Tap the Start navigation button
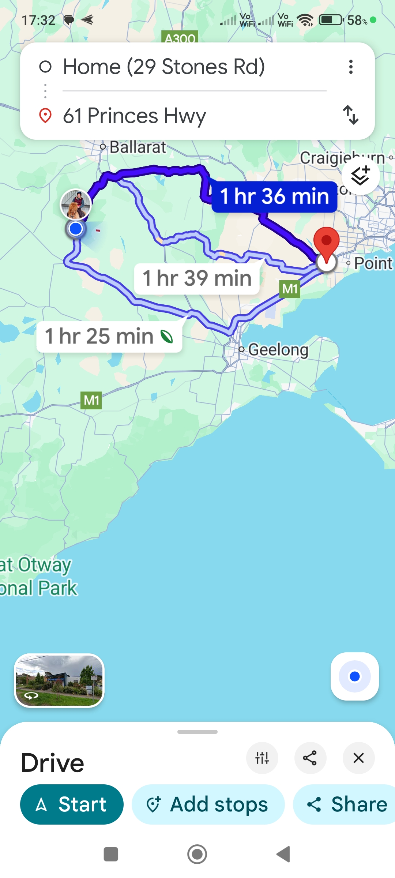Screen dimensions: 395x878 point(72,804)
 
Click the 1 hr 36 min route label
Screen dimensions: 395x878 point(274,196)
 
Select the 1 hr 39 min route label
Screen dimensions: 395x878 point(197,278)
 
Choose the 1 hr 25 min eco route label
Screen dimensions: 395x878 point(109,336)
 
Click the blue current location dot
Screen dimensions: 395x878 point(76,229)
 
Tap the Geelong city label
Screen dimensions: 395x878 point(278,350)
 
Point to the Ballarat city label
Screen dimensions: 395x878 point(138,147)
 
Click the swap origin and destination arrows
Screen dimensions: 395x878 point(351,115)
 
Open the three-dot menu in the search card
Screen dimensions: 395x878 point(351,67)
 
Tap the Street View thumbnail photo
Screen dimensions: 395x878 point(59,680)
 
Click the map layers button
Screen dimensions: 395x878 point(360,176)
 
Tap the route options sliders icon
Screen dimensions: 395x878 point(262,758)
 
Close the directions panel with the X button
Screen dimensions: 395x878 point(358,758)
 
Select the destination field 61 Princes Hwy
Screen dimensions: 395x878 point(135,116)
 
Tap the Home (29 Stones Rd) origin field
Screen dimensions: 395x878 point(164,67)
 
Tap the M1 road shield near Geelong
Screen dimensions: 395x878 point(290,289)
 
